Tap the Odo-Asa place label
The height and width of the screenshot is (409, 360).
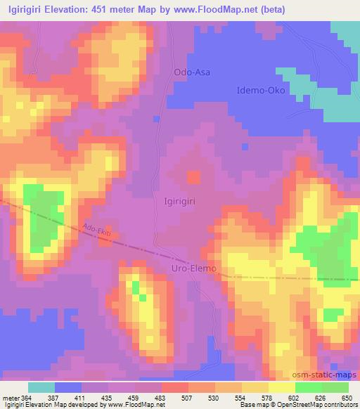191,72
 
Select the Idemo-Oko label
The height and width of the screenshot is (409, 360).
260,91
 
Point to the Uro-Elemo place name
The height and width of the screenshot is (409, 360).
195,268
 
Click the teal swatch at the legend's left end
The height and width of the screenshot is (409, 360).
41,387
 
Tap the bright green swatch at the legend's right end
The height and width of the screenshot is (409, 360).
335,387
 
